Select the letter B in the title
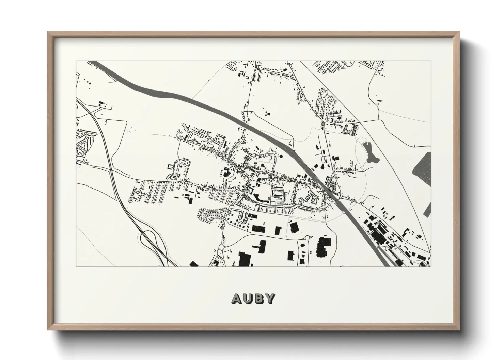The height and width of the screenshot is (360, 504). coord(259,298)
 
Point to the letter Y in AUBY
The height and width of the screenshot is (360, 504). coord(270,298)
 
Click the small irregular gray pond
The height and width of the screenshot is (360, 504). coord(369,152)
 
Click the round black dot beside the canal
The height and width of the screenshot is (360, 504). coord(281,157)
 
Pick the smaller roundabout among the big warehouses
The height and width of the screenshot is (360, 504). coord(307,238)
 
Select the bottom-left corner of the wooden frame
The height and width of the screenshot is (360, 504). coord(48,330)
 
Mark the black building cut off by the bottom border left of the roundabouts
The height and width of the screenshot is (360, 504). coord(193,264)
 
